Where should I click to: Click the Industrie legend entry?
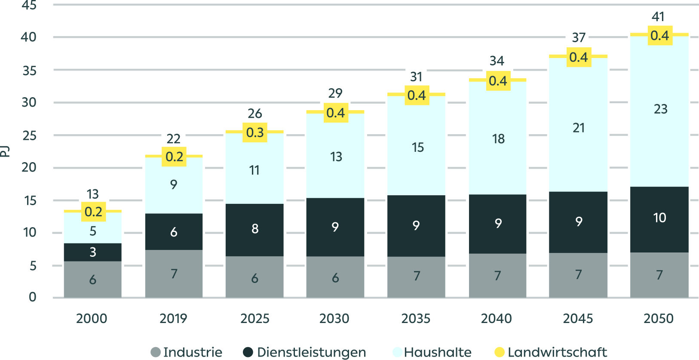187,352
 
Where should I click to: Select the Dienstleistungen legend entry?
305,352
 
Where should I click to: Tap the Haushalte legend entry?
432,352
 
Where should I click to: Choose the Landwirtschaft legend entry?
551,352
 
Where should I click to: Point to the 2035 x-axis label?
416,318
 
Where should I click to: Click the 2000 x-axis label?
92,318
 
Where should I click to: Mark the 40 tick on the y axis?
29,37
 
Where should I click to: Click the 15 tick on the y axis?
30,200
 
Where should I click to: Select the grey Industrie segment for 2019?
174,273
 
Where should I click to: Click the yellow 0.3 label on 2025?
255,132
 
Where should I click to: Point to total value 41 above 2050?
658,17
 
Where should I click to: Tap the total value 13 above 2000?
92,194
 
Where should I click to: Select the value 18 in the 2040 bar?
498,139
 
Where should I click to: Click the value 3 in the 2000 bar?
93,252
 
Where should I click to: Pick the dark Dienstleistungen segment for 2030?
335,227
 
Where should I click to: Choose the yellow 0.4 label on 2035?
417,95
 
